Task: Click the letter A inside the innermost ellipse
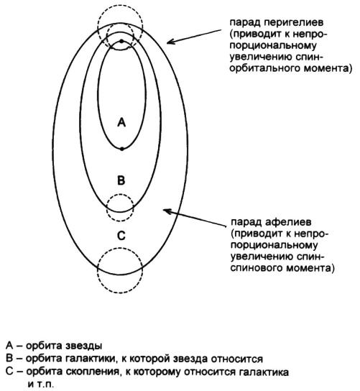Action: [x=121, y=122]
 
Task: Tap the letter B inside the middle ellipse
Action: [x=121, y=180]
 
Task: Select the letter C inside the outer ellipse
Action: [x=121, y=236]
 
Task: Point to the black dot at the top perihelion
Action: [x=121, y=41]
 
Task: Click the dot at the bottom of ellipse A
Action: [x=122, y=149]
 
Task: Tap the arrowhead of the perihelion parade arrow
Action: [x=170, y=42]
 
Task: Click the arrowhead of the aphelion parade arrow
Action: [x=166, y=211]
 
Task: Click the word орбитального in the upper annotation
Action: [x=264, y=68]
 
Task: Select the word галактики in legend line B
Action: [x=91, y=359]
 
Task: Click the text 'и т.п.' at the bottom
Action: [x=41, y=384]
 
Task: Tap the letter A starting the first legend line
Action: [x=9, y=346]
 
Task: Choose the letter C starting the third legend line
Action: [x=9, y=372]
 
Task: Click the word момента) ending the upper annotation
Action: [x=328, y=68]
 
